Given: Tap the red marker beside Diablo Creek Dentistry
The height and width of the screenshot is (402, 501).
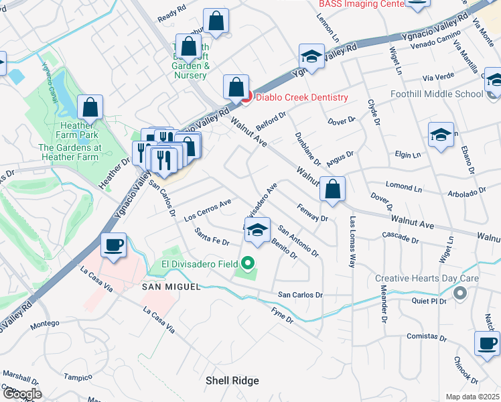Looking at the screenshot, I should coord(246,97).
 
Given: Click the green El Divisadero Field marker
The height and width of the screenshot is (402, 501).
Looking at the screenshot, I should coord(248,264).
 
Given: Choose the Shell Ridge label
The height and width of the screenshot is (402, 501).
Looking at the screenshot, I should coord(232,381).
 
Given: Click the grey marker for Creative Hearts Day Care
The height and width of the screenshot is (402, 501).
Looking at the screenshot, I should coord(459,293).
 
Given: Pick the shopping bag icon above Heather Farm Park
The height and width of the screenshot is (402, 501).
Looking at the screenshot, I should coord(90,107).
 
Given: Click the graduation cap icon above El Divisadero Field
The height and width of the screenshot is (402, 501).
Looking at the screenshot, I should coord(257,229).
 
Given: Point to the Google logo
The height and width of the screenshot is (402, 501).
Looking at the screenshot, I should coord(21,394).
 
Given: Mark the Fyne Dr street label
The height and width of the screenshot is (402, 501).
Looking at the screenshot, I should coord(282,316).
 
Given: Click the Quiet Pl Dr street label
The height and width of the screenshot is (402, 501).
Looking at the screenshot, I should coord(429,301).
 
